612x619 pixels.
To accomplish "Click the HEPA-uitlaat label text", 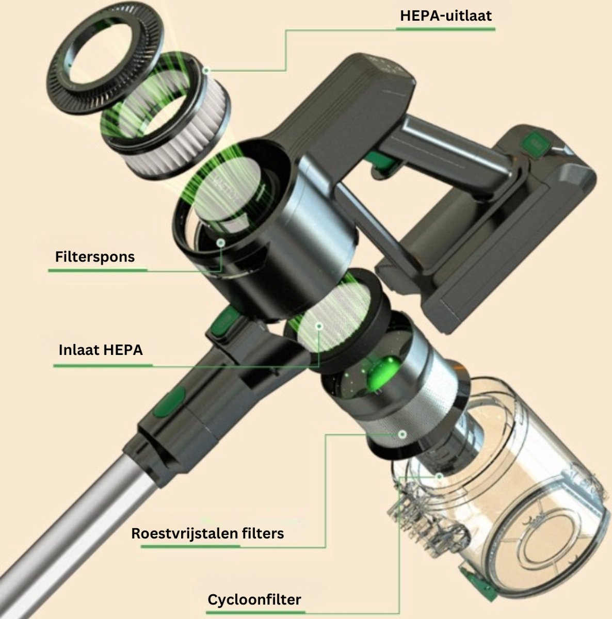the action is point(445,16).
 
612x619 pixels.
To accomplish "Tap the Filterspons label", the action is point(95,257).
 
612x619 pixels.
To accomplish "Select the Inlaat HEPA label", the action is point(101,350).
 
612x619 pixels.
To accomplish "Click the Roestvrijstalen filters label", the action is point(207,533).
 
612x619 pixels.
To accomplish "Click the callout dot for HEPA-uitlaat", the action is point(207,70).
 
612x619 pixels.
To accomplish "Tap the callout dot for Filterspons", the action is point(220,243).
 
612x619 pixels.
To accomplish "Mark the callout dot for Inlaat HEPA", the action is point(319,327).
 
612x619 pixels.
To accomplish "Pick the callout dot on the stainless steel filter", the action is point(402,435).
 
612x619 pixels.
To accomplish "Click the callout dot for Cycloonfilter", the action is point(439,477).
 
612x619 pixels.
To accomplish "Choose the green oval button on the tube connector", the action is point(170,401).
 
